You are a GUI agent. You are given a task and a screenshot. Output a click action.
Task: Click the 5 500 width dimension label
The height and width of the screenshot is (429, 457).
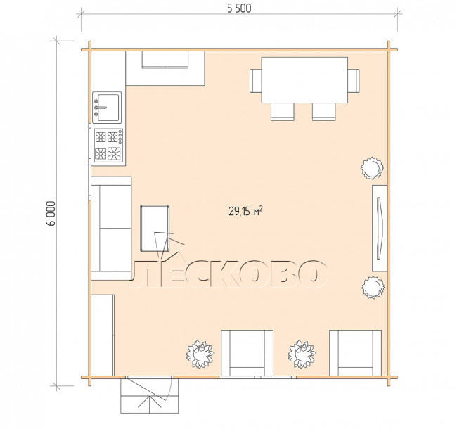tap(239, 8)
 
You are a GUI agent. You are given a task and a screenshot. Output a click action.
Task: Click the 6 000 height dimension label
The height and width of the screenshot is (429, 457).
tap(51, 213)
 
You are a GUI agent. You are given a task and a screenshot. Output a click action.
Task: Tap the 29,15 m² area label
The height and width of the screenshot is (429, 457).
tap(245, 211)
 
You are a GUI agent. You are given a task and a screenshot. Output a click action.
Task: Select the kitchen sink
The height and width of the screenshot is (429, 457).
tap(107, 107)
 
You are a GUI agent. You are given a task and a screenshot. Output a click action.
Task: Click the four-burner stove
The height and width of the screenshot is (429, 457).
tap(108, 146)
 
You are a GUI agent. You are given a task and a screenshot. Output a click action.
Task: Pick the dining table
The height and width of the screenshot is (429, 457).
tap(304, 80)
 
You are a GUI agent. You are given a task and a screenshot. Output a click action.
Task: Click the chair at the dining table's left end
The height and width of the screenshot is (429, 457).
tap(255, 81)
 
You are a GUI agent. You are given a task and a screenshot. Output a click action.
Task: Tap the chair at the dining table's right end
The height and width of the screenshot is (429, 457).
tap(354, 81)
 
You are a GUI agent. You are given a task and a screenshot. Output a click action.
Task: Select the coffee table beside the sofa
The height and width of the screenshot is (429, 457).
tap(155, 228)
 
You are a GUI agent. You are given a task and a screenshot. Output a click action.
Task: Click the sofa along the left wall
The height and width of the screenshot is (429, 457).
tap(111, 228)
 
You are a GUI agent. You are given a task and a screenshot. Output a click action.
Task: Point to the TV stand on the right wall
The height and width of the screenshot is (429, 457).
tap(380, 228)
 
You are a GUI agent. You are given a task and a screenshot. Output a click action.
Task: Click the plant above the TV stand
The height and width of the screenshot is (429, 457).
tap(372, 168)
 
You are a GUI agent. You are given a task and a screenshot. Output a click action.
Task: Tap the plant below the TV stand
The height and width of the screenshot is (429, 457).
tap(373, 288)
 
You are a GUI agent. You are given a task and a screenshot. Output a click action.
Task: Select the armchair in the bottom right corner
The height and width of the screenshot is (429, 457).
tap(355, 353)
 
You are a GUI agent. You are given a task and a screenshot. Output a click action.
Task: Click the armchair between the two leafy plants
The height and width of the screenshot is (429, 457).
tap(247, 353)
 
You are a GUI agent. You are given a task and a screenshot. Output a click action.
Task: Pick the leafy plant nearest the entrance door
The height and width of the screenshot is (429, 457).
tap(200, 354)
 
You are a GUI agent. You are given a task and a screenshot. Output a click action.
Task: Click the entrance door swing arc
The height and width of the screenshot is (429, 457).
tap(170, 388)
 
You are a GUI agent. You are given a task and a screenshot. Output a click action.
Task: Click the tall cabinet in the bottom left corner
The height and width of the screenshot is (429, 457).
tap(103, 335)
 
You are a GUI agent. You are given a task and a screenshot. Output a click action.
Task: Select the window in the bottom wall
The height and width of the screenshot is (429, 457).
tap(257, 377)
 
